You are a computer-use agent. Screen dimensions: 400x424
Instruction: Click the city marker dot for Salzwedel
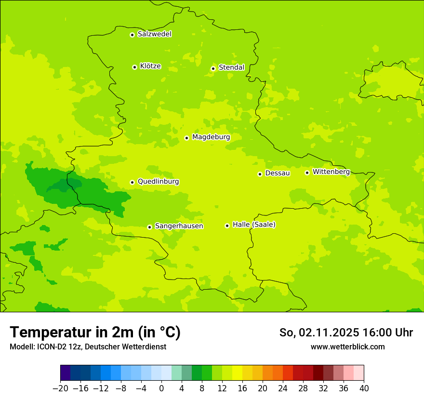132,35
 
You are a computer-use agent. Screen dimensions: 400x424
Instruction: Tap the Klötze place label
150,66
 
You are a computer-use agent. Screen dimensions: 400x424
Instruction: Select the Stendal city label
231,67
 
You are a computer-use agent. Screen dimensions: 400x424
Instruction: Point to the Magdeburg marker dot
186,138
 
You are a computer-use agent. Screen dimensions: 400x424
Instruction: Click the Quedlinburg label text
158,182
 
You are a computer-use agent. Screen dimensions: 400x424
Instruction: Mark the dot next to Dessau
260,174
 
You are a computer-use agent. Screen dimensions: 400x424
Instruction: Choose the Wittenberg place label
331,172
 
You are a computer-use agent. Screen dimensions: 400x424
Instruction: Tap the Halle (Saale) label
254,225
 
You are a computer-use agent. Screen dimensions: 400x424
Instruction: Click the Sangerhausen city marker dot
149,227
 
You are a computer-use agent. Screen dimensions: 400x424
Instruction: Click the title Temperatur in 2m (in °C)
95,333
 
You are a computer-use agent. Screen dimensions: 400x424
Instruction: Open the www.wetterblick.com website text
347,347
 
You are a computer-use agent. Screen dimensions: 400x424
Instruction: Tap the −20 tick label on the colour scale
60,388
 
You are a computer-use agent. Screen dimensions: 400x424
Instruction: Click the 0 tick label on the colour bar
161,388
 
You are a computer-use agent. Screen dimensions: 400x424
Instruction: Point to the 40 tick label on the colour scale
364,388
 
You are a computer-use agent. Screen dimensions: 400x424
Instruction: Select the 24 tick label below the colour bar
283,388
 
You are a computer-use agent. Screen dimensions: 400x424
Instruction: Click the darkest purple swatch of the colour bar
65,373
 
